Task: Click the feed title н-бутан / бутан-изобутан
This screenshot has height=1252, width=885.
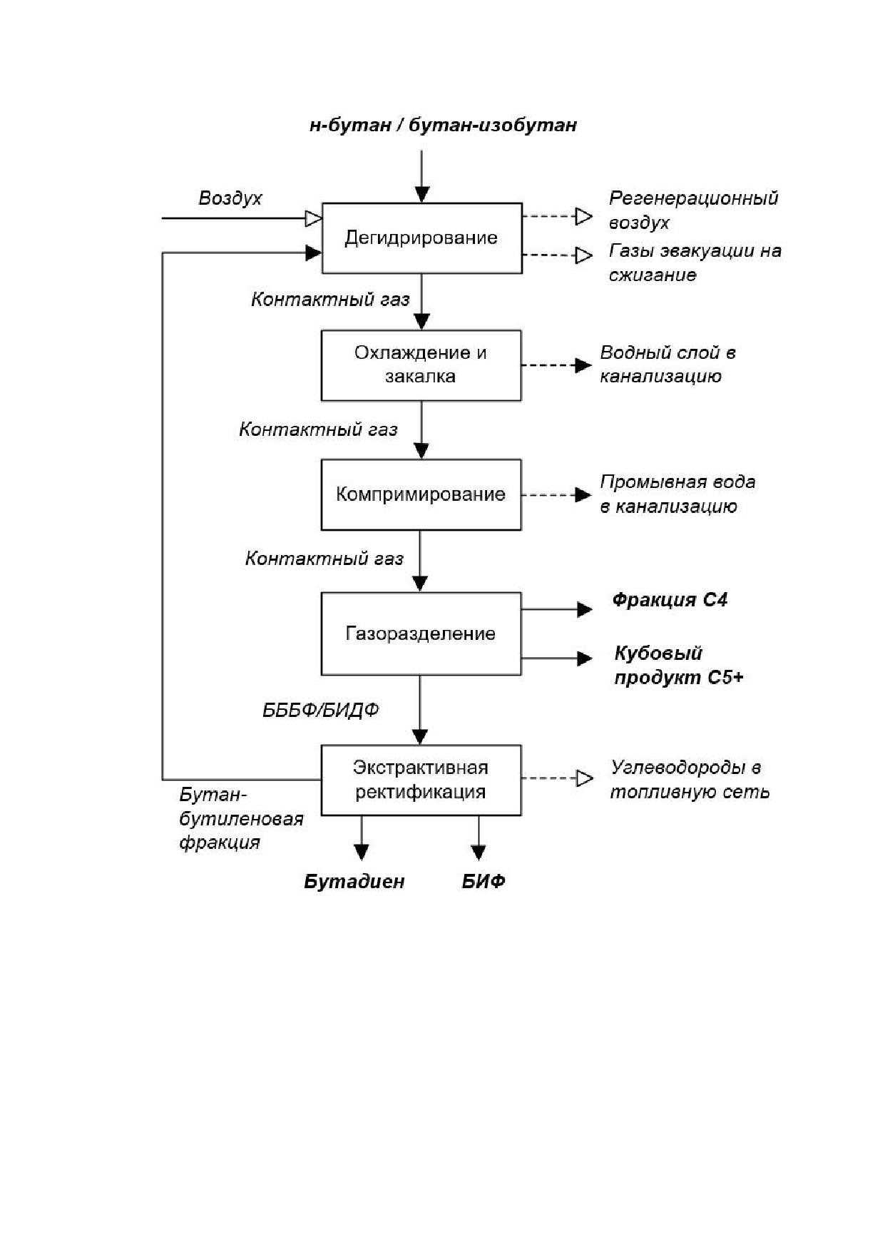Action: tap(443, 126)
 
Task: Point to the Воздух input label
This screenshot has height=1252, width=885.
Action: tap(230, 198)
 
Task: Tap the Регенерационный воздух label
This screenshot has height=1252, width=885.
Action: tap(693, 210)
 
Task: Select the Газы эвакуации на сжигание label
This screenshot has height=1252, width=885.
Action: tap(695, 263)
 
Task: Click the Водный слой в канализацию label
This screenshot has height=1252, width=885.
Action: tap(667, 365)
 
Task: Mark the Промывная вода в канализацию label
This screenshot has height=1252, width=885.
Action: tap(677, 494)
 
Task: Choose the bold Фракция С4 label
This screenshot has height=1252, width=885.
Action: tap(670, 600)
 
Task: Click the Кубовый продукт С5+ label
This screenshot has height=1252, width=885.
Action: tap(678, 665)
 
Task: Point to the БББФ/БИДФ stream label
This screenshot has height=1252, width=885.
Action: tap(321, 711)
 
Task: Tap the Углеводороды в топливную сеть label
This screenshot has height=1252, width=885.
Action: tap(690, 780)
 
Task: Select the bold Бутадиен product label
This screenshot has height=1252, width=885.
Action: tap(354, 882)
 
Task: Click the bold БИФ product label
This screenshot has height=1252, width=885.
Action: tap(484, 882)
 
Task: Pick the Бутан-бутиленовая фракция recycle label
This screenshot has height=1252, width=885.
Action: tap(241, 818)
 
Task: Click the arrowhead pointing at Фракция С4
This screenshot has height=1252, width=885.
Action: tap(585, 609)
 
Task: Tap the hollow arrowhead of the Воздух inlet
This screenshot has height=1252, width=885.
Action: tap(314, 218)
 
